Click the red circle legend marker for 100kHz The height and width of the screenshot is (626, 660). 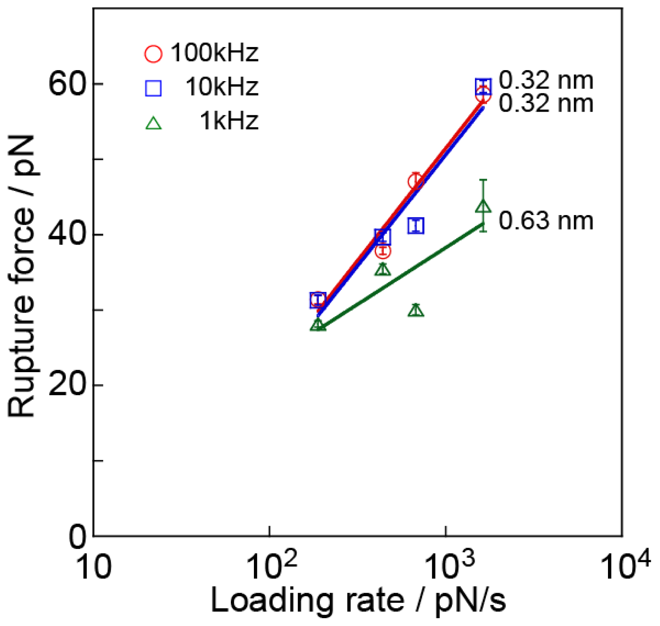tap(153, 54)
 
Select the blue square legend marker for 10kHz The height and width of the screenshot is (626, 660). tap(153, 88)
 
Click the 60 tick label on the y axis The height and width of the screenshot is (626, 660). tap(67, 84)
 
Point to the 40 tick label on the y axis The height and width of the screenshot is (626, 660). tap(67, 235)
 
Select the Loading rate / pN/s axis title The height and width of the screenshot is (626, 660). tap(358, 601)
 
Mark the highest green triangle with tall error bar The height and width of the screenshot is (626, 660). tap(483, 206)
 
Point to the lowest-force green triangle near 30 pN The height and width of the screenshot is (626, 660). tap(416, 311)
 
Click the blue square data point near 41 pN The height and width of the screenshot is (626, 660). tap(416, 226)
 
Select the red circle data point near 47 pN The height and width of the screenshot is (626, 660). tap(416, 181)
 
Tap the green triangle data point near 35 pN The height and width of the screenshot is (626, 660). tap(383, 270)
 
